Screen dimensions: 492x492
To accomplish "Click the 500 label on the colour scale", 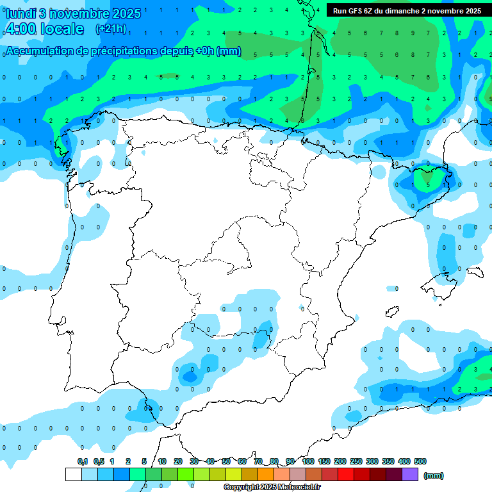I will coord(420,461).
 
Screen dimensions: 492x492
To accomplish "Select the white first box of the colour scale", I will coord(73,474).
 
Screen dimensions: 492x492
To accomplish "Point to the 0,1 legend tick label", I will coord(83,461).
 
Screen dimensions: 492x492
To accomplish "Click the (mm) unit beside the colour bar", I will coord(434,475).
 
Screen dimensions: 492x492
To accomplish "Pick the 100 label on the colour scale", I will coord(307,461).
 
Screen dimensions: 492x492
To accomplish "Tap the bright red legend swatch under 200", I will coord(346,474).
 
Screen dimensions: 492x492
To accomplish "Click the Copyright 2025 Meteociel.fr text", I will coord(272,488).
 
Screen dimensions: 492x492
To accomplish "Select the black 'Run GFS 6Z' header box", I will coord(407,11).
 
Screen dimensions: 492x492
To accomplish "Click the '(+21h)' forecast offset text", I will coord(111,29).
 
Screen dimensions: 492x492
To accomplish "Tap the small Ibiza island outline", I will coord(391,312).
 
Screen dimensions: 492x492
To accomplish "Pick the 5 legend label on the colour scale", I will coord(144,461).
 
